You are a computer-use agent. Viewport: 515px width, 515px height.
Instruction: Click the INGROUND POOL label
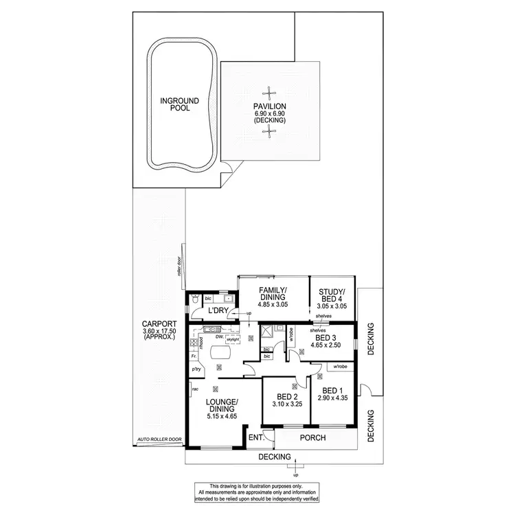pos(175,104)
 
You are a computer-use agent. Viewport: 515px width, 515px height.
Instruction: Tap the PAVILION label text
pos(269,106)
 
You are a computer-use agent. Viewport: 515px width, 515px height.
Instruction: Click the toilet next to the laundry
pos(196,301)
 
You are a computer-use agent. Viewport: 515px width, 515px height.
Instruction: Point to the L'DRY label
pos(218,312)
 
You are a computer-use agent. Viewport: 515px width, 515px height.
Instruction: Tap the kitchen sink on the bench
pos(204,338)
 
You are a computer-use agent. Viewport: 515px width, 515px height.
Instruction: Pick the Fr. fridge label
pos(194,356)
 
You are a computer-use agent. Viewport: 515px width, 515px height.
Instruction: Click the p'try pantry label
pos(196,369)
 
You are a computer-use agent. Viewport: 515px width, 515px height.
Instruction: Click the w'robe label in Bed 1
pos(339,366)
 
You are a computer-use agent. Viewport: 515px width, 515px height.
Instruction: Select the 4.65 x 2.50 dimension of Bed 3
pos(326,348)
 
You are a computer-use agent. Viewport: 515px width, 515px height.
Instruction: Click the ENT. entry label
pos(255,437)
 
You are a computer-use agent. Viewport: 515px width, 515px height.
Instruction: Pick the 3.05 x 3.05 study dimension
pos(332,308)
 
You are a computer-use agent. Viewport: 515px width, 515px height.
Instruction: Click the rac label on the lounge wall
pos(195,389)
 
